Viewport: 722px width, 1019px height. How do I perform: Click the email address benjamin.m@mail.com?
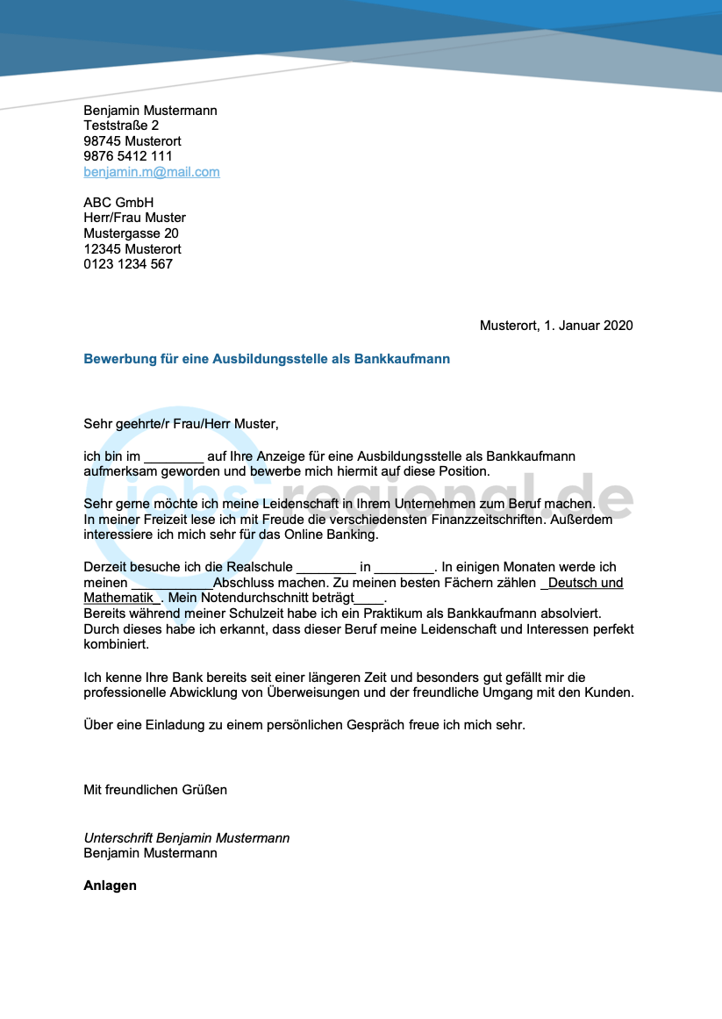click(x=152, y=172)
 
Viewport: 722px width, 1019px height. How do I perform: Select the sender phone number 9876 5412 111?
click(x=128, y=156)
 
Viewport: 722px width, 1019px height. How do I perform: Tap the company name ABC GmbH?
click(x=118, y=203)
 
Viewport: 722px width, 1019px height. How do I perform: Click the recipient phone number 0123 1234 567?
click(x=128, y=264)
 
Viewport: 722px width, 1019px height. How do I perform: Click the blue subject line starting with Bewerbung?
click(x=267, y=359)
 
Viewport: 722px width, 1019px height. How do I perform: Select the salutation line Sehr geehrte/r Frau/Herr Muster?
click(x=181, y=424)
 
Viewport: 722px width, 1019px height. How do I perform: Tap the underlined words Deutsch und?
click(x=585, y=583)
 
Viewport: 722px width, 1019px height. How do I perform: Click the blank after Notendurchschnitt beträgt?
click(x=370, y=599)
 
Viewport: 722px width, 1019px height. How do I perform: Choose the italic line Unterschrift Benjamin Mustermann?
click(x=186, y=838)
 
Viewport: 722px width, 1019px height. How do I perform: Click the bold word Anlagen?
click(x=110, y=886)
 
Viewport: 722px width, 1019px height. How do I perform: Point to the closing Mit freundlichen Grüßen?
click(x=155, y=790)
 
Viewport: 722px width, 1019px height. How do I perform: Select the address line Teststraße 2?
click(x=121, y=126)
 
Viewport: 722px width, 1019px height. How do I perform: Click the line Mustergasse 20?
click(x=131, y=233)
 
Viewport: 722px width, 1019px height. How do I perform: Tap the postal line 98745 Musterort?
click(x=132, y=141)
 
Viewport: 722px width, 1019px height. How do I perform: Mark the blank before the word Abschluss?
click(x=172, y=584)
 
